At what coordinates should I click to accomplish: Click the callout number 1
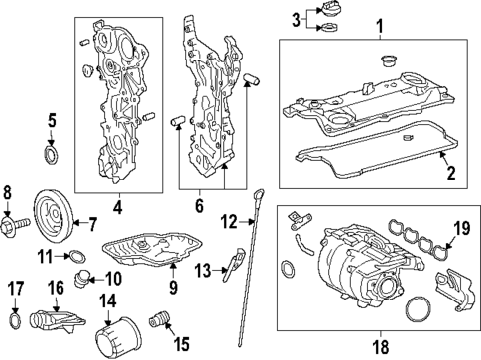(380, 26)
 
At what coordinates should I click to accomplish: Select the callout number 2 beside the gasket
(451, 173)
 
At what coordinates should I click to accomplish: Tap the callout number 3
(296, 20)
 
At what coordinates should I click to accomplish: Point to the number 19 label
(461, 228)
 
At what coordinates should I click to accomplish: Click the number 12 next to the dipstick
(230, 222)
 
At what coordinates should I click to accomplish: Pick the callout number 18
(381, 347)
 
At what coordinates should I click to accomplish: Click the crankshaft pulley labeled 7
(53, 217)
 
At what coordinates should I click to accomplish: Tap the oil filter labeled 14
(118, 335)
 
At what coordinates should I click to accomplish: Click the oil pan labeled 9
(152, 248)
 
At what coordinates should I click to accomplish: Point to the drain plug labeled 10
(81, 280)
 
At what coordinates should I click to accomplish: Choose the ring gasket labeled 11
(77, 256)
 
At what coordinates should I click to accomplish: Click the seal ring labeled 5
(51, 154)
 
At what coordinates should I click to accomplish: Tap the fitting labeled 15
(159, 319)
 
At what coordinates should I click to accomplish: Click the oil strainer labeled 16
(57, 321)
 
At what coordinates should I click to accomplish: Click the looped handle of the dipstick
(260, 193)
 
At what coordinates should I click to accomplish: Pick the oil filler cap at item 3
(326, 9)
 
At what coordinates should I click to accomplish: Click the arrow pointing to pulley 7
(79, 222)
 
